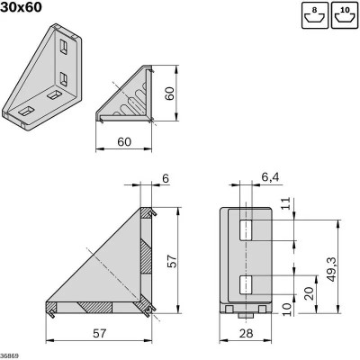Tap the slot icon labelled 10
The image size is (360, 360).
[343, 15]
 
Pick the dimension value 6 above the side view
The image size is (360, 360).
[166, 179]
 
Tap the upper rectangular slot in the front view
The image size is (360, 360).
[247, 231]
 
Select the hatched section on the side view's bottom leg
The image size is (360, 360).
[93, 307]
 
